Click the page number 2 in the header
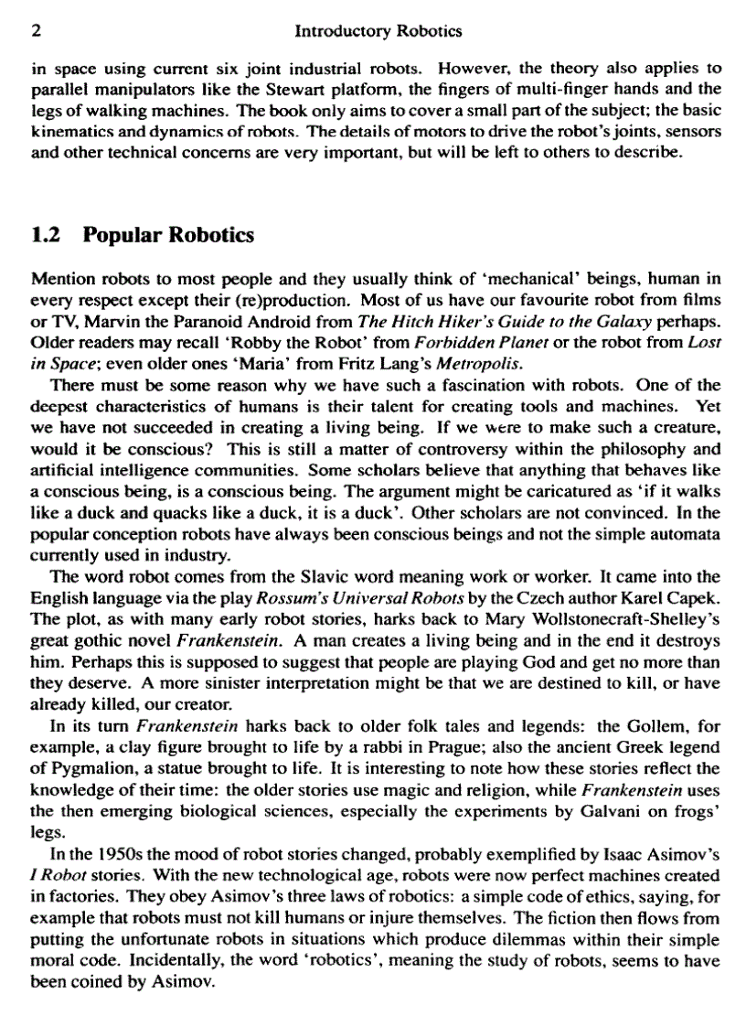(36, 31)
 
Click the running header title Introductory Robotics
(379, 31)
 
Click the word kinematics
(67, 131)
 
